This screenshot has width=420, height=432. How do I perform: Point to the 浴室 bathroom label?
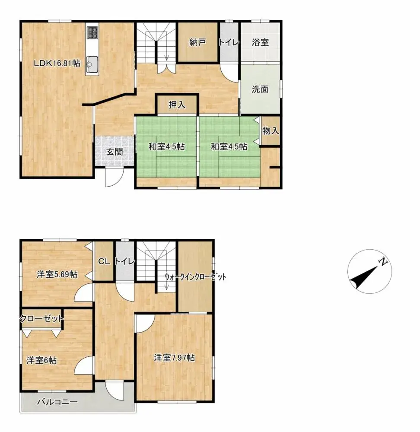pos(260,42)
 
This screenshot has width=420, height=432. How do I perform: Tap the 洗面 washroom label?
pos(260,89)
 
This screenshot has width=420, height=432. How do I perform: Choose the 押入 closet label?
pos(176,105)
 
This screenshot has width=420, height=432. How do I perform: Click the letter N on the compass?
pos(382,261)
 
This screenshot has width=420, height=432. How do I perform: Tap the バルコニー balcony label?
pos(57,402)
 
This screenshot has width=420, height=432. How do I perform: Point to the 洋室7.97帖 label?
pos(175,358)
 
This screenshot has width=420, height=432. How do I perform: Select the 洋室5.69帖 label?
pos(57,274)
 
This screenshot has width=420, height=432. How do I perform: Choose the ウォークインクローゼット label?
pos(195,277)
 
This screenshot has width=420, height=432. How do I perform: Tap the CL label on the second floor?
pos(103,261)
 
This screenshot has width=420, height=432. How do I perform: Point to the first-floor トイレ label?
pos(229,42)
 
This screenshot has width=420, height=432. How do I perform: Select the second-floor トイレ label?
pos(125,261)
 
